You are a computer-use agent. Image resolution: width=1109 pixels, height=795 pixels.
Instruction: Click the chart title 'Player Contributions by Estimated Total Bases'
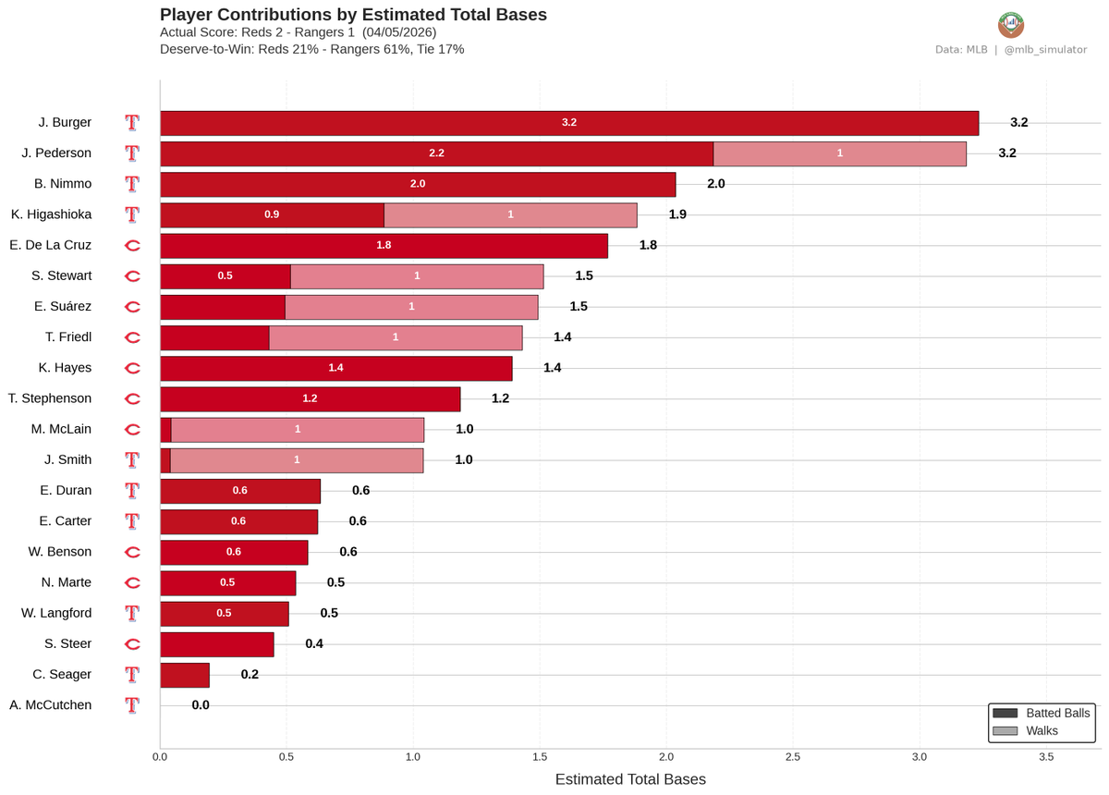(353, 15)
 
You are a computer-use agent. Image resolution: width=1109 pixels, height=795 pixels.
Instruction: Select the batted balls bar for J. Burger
(568, 123)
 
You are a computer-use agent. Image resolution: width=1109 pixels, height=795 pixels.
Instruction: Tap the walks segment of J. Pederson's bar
(839, 153)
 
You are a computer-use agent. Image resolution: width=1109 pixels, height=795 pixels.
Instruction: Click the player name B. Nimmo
(65, 184)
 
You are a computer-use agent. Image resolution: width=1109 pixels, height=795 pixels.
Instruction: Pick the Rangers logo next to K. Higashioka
(132, 214)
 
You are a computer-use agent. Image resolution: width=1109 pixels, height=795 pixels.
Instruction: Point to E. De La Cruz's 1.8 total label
(648, 245)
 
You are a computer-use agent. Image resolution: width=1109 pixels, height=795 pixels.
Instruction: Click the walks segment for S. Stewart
(417, 275)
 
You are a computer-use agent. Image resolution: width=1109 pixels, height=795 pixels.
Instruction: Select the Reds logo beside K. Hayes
(132, 368)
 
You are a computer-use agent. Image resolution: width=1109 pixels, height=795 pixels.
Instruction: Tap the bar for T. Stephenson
(310, 398)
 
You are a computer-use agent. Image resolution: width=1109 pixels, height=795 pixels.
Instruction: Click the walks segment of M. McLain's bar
(298, 429)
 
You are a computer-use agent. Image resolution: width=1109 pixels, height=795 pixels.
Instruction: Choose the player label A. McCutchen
(50, 705)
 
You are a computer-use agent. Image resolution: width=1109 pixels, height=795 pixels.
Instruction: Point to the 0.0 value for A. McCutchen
(201, 705)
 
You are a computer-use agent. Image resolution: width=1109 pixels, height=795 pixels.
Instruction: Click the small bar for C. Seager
(185, 675)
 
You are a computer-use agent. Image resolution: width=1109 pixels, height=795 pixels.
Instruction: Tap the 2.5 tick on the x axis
(793, 757)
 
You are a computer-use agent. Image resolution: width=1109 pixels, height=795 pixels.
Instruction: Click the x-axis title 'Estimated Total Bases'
(630, 779)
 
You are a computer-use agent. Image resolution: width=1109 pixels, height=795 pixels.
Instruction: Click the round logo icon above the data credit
(1011, 24)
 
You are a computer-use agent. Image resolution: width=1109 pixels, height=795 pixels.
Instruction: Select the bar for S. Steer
(217, 644)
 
